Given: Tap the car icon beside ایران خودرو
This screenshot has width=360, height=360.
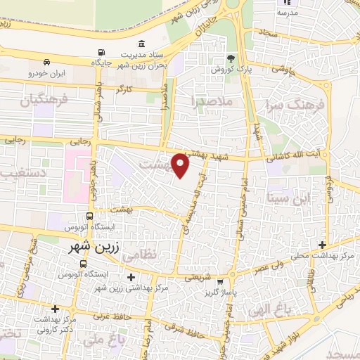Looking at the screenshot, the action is click(x=46, y=61).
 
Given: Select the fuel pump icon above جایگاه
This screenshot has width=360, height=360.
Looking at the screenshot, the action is click(x=103, y=52).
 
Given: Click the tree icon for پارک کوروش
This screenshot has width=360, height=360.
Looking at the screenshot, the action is click(x=230, y=58).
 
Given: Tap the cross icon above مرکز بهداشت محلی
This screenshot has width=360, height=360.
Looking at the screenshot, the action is click(x=322, y=245).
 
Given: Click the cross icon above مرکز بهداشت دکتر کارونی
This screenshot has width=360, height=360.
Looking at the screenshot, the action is click(x=55, y=308).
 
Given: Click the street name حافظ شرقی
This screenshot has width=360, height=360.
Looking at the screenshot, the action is click(x=184, y=324).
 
